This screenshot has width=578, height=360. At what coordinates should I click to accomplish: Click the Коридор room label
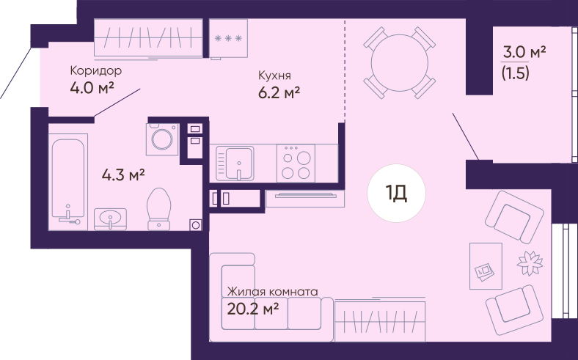coord(96,70)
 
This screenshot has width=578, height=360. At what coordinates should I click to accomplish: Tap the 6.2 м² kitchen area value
coord(279,93)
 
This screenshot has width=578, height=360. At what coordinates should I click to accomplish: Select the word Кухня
coord(274,76)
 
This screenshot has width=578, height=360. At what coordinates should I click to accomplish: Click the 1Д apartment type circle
coord(396,193)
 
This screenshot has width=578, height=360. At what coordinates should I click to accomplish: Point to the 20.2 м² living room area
coord(252,309)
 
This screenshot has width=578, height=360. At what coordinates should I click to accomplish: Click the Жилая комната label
coord(272,292)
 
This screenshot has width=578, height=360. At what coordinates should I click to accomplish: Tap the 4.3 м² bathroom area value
coord(123,175)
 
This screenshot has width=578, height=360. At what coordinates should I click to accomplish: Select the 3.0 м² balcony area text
coord(524,53)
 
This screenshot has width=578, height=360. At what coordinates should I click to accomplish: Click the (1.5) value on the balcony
coord(516,73)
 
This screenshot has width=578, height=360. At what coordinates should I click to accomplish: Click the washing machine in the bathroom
coord(162,139)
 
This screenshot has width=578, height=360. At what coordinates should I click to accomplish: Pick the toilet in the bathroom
coord(159,209)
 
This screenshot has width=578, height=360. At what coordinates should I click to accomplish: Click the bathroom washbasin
coord(110,219)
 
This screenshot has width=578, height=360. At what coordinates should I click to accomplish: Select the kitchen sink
coord(235,164)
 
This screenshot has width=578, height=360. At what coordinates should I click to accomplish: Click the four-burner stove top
coord(296,164)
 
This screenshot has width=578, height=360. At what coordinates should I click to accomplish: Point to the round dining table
coord(400,62)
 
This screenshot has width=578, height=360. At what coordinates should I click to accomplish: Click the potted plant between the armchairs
coord(530,262)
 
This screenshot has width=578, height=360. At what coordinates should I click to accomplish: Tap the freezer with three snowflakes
coord(228,38)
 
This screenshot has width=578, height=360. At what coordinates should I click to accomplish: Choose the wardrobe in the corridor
coord(148,38)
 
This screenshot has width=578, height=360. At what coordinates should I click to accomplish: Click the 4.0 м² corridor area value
coord(92,88)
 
